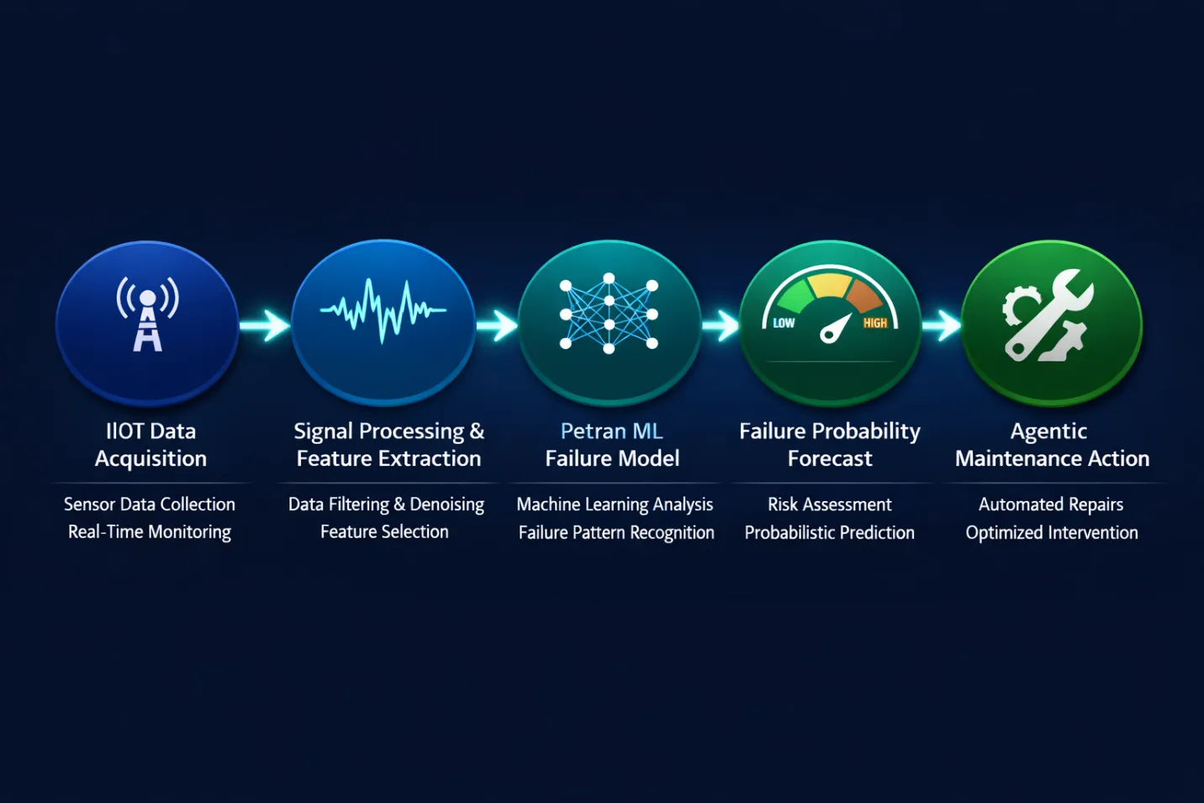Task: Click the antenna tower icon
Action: point(147,315)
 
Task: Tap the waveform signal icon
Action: point(383,311)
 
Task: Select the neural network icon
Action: point(609,312)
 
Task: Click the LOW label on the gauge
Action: point(784,323)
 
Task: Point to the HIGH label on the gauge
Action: point(874,323)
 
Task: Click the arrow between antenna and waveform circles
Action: point(266,325)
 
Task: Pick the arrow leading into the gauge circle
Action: point(721,325)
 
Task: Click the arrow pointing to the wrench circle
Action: point(943,325)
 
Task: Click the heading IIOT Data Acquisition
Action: point(150,445)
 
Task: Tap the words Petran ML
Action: point(611,431)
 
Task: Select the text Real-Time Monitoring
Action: point(150,532)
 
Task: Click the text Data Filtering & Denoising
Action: point(386,505)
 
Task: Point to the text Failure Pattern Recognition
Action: point(616,533)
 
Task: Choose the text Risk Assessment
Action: point(829,505)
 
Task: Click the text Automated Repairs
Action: point(1051,505)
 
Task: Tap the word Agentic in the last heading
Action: point(1048,432)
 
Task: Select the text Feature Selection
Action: point(384,532)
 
